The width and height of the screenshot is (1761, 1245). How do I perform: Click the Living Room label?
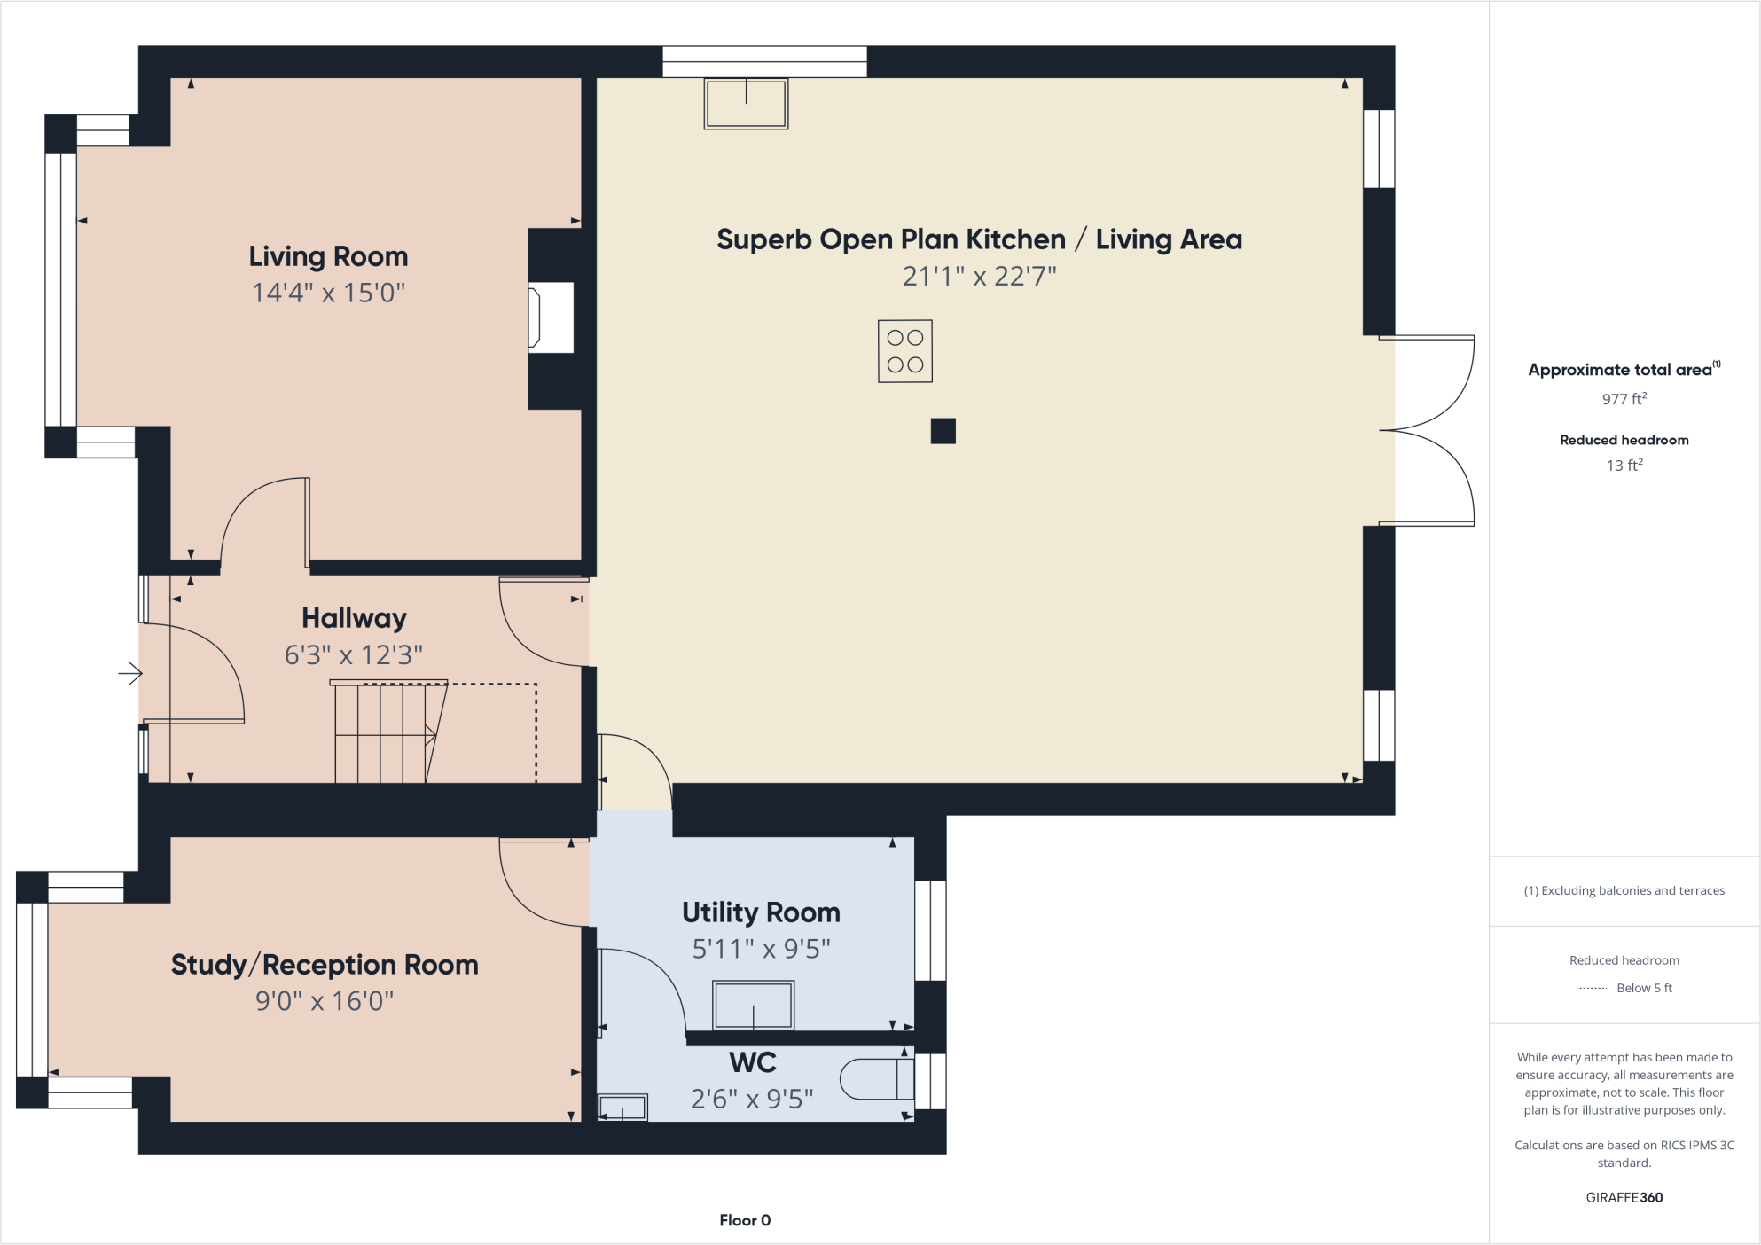328,256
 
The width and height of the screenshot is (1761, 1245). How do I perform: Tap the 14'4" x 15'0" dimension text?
328,293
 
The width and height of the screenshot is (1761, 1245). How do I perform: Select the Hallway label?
354,618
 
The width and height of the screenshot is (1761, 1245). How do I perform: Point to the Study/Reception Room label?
325,965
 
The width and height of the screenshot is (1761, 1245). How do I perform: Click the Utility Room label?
761,912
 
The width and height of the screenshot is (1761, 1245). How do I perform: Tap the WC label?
753,1062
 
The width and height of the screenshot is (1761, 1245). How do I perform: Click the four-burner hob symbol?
904,351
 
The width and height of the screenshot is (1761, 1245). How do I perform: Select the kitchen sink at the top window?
746,104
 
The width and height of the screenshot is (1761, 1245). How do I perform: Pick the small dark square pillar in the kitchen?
943,431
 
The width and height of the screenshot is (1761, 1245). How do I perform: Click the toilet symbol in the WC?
876,1079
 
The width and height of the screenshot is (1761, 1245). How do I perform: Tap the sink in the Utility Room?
753,1006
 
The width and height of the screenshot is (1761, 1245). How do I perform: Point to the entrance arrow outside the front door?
130,674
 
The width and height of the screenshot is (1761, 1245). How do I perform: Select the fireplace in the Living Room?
550,317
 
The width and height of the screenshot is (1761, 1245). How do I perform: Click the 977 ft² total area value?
1624,399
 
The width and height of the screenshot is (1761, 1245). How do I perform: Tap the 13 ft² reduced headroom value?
1624,466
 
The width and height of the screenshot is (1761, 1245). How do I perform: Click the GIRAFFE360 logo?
1624,1197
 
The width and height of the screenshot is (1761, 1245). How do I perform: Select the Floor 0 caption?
745,1220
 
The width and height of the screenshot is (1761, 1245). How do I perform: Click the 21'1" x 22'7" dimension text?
979,277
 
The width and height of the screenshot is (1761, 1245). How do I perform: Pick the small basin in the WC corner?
622,1108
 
